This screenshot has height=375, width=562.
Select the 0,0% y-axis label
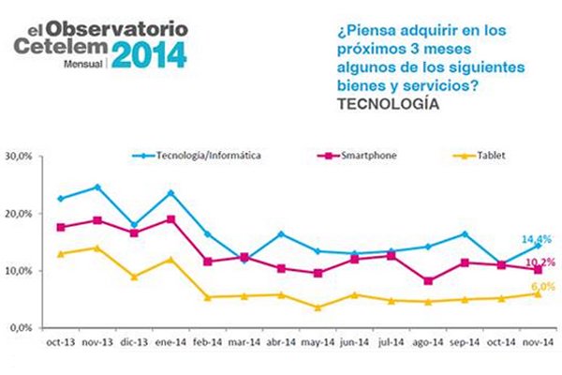[22, 328]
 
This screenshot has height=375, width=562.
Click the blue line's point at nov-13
[97, 187]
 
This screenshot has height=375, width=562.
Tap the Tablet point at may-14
[318, 307]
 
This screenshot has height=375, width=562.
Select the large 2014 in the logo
[149, 53]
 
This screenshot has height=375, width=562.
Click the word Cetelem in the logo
[56, 46]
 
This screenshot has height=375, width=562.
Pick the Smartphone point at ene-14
[170, 219]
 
